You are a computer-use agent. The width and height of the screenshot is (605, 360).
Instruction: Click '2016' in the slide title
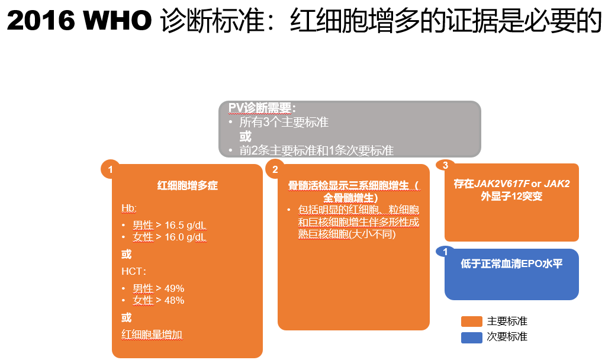point(41,21)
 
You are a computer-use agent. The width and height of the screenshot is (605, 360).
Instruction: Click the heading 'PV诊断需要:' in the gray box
point(262,108)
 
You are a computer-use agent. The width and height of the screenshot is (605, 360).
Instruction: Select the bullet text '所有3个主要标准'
point(284,123)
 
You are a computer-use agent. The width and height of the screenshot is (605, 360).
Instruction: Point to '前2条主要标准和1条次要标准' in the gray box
point(316,150)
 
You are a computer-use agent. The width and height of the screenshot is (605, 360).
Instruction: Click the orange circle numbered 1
point(110,169)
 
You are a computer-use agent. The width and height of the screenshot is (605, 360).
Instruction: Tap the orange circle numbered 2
point(275,169)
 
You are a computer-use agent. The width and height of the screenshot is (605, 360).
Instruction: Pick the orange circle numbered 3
point(445,165)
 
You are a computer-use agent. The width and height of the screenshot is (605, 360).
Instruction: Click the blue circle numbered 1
point(445,252)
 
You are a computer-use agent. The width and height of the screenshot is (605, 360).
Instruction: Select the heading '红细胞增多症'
point(187,186)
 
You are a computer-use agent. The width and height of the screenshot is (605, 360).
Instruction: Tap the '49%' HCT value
point(175,288)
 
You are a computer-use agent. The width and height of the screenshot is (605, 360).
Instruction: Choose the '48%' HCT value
point(175,300)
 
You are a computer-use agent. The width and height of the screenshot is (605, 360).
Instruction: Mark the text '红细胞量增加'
point(152,335)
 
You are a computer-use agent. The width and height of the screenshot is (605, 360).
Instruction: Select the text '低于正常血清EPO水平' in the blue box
point(511,264)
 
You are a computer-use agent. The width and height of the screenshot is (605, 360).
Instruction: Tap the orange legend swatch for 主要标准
point(471,322)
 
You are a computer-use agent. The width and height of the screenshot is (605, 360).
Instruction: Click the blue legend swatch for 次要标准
point(471,337)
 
